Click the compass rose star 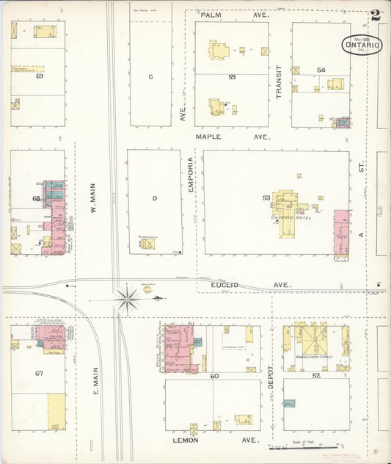pyautogui.click(x=128, y=299)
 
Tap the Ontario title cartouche pyautogui.click(x=362, y=45)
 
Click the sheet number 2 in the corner pyautogui.click(x=376, y=14)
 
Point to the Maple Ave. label pyautogui.click(x=233, y=137)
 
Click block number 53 pyautogui.click(x=266, y=197)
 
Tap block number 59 pyautogui.click(x=231, y=77)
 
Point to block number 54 pyautogui.click(x=321, y=70)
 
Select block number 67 pyautogui.click(x=38, y=374)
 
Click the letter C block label pyautogui.click(x=150, y=76)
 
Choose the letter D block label pyautogui.click(x=154, y=197)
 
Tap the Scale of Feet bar pyautogui.click(x=305, y=446)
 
